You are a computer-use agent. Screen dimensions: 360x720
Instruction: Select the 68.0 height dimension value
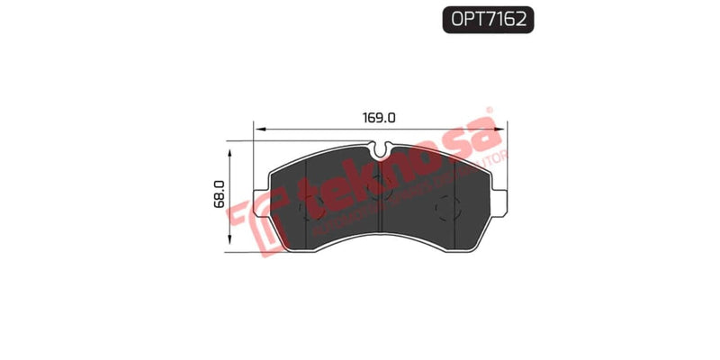pyautogui.click(x=218, y=193)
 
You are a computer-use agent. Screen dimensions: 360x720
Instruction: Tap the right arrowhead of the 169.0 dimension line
pyautogui.click(x=500, y=130)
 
